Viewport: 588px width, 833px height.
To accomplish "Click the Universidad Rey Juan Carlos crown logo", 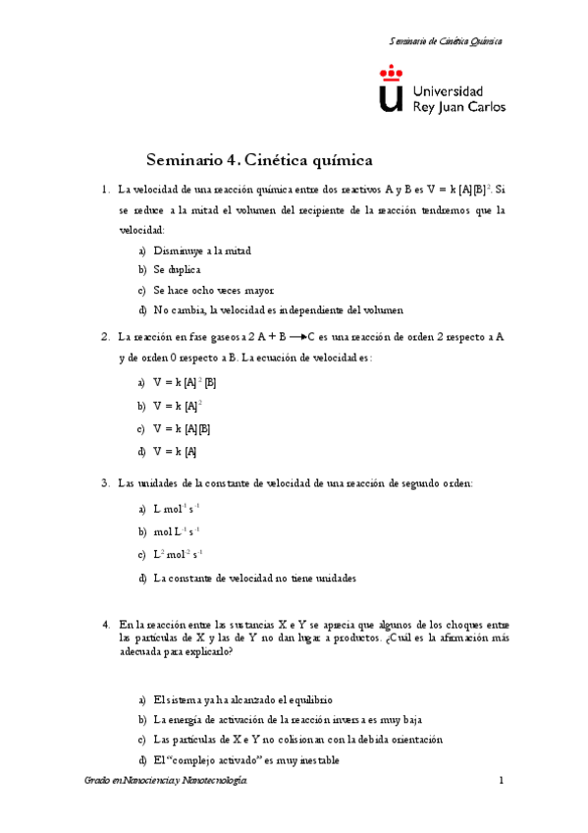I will point(391,91).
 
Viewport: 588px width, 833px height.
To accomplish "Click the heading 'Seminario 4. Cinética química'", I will point(260,158).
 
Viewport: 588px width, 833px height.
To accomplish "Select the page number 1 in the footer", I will point(501,780).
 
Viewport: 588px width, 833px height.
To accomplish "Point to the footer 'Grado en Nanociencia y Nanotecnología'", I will point(167,780).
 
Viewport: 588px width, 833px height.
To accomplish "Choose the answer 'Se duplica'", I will point(177,269).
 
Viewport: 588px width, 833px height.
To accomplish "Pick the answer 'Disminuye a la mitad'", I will point(202,250).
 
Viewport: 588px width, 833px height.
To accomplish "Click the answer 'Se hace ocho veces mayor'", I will point(212,290).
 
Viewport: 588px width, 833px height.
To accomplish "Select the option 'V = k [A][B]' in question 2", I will point(183,428).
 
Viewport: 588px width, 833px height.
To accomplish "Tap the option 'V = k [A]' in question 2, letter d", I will point(176,451).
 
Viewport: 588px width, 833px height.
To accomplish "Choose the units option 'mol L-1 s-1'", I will point(178,531).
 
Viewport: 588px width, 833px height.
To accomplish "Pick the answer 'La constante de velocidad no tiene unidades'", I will point(254,578).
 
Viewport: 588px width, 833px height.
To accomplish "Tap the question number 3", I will point(105,483).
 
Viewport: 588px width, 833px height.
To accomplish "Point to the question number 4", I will point(105,624).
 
